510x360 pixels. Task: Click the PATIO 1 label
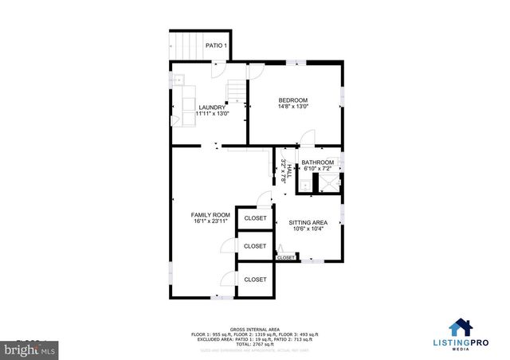217,45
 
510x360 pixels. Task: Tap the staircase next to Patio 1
182,45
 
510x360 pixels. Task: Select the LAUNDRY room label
212,107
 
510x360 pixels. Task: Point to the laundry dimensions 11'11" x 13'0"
212,114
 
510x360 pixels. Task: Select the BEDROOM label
293,100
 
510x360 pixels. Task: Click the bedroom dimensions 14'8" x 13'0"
293,107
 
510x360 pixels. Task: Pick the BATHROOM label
318,162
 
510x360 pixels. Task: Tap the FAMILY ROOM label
210,215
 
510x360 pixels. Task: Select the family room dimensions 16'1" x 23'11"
210,221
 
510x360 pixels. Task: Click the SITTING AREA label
308,223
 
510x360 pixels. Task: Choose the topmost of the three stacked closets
255,218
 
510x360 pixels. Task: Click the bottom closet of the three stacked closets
255,280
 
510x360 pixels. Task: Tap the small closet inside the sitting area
285,257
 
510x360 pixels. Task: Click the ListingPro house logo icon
461,327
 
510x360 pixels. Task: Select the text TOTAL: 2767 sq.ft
254,344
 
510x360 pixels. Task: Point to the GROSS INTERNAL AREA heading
254,329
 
